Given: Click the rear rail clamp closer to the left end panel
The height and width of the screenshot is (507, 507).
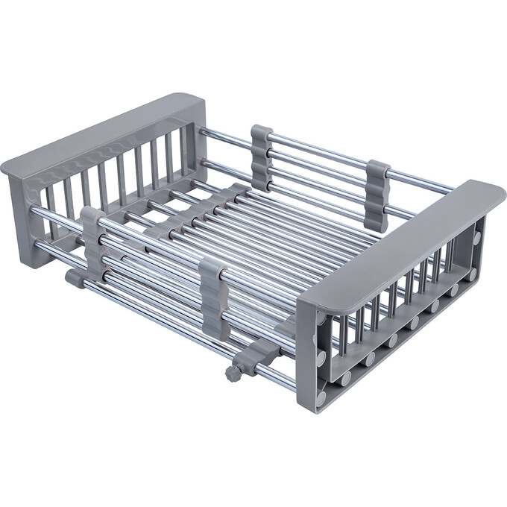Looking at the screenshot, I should tap(262, 157).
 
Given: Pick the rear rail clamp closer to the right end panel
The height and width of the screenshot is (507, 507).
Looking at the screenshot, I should tap(378, 195).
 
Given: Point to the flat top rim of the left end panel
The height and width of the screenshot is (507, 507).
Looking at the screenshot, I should tap(97, 133).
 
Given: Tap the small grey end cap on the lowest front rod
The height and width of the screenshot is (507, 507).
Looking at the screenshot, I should tap(74, 279).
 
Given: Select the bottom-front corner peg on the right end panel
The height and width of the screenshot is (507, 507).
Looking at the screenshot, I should tap(321, 397).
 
